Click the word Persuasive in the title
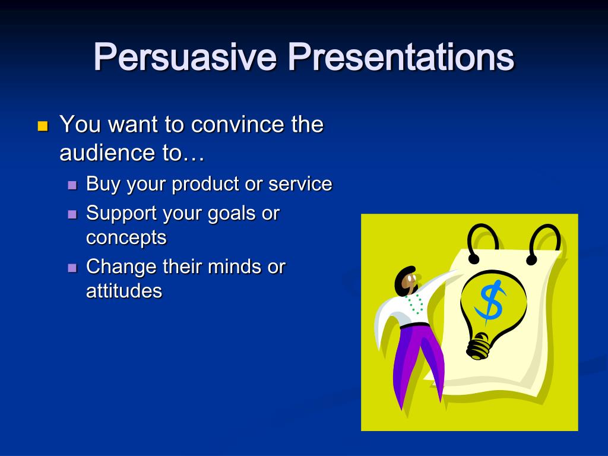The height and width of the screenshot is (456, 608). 185,56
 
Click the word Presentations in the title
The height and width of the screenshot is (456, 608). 401,56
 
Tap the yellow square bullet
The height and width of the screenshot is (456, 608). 43,126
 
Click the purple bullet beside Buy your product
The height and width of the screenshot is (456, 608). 72,185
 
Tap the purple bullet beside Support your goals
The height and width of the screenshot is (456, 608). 72,214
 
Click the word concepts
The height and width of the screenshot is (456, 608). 126,237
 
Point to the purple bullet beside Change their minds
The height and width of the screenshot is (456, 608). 72,268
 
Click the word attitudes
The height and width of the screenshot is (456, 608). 124,291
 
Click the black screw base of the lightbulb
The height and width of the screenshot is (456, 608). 479,346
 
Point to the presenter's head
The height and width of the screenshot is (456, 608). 407,281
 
